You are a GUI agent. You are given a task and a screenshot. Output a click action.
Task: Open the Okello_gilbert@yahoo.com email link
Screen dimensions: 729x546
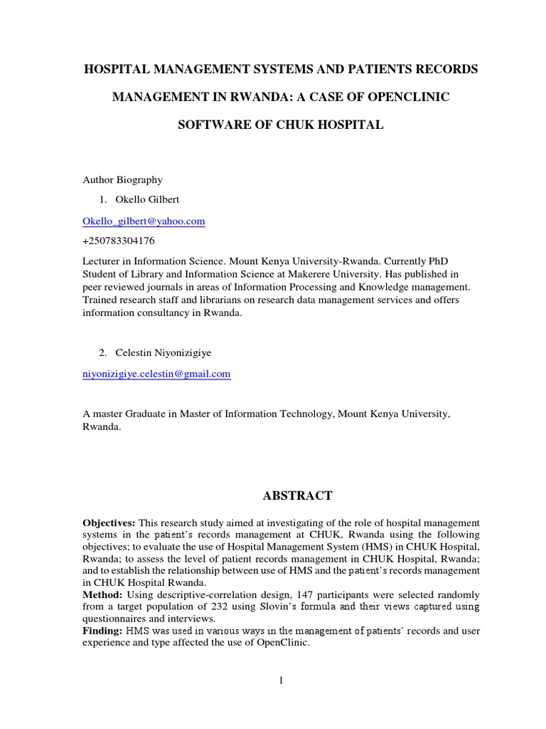click(144, 221)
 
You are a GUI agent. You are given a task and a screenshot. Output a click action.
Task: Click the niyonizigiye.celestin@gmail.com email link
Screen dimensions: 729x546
click(156, 373)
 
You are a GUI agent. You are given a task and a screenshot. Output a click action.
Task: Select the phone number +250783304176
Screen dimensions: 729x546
click(119, 241)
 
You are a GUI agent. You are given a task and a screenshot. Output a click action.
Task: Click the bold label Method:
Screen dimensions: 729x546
click(102, 594)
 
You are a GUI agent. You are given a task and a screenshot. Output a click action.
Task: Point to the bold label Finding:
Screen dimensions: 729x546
click(104, 630)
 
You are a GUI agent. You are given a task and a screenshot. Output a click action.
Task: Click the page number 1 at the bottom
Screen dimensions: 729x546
click(281, 681)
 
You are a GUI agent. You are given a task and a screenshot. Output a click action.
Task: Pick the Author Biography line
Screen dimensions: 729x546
click(122, 180)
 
